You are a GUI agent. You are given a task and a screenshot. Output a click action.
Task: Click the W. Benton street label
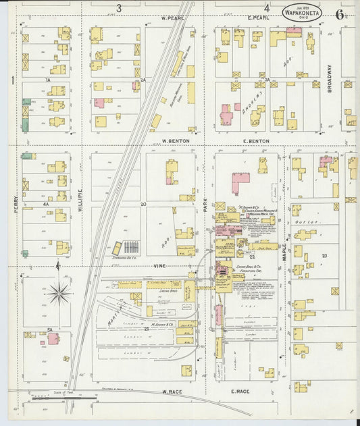click(x=174, y=141)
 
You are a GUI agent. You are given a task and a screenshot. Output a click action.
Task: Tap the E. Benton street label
click(x=256, y=141)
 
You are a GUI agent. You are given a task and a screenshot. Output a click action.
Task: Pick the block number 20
click(x=143, y=203)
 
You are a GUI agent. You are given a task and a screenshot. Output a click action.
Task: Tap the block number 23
click(x=324, y=255)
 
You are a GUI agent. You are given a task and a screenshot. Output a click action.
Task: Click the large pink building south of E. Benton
click(x=240, y=183)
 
